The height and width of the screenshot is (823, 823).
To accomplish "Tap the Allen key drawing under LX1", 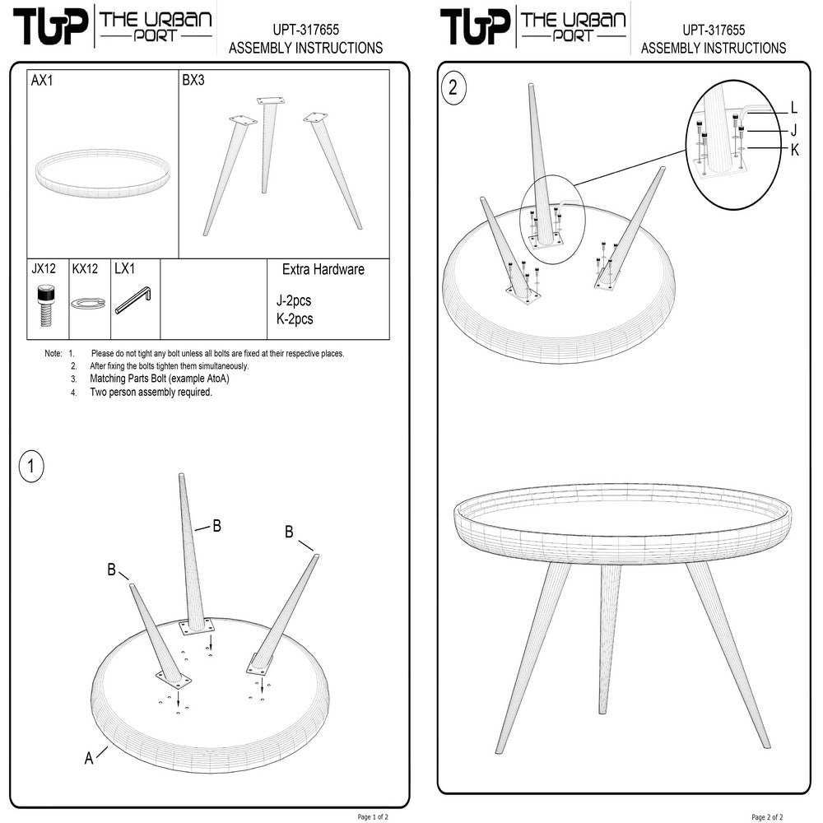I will (x=133, y=300).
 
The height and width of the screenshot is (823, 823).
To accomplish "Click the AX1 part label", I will (x=42, y=81).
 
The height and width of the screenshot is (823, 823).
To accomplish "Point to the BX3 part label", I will (x=193, y=81).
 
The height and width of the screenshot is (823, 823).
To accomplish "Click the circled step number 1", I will (x=30, y=467).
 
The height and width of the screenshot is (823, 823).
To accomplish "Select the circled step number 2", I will (x=452, y=88).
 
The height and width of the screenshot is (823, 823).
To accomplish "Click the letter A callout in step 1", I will (x=89, y=759).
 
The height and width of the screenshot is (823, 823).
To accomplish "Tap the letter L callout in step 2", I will (x=793, y=107).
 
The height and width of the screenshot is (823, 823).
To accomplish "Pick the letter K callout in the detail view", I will (x=793, y=149).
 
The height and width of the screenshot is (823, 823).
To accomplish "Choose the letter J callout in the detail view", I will (x=793, y=129).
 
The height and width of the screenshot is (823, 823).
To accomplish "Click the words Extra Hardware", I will (x=323, y=269).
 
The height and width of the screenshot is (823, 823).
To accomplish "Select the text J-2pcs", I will (x=294, y=301).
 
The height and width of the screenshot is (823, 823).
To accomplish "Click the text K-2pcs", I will (x=295, y=319).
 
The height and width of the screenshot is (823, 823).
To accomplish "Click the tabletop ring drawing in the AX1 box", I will (x=103, y=171).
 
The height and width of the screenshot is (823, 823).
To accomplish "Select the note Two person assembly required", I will (x=151, y=393).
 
